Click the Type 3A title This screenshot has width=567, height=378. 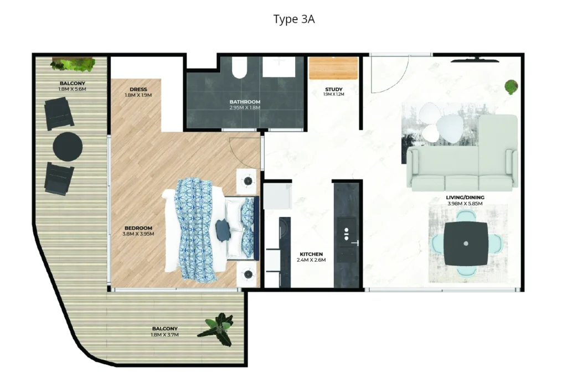pos(294,19)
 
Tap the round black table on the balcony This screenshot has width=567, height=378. pos(68,147)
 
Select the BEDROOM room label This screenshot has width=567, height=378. pos(138,228)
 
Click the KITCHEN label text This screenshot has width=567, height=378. pos(310,254)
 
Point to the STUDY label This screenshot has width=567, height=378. pos(333,89)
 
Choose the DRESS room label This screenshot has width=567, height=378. pos(138,89)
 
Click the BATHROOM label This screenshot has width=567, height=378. pos(245,102)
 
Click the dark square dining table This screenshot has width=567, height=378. pos(466,244)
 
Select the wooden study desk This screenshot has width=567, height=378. pos(334,69)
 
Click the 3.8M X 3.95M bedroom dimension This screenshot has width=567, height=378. pos(138,234)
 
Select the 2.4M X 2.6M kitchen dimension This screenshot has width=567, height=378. pos(310,260)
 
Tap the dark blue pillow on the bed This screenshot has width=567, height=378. pos(223,230)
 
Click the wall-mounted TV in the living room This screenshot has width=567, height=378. pos(475,56)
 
